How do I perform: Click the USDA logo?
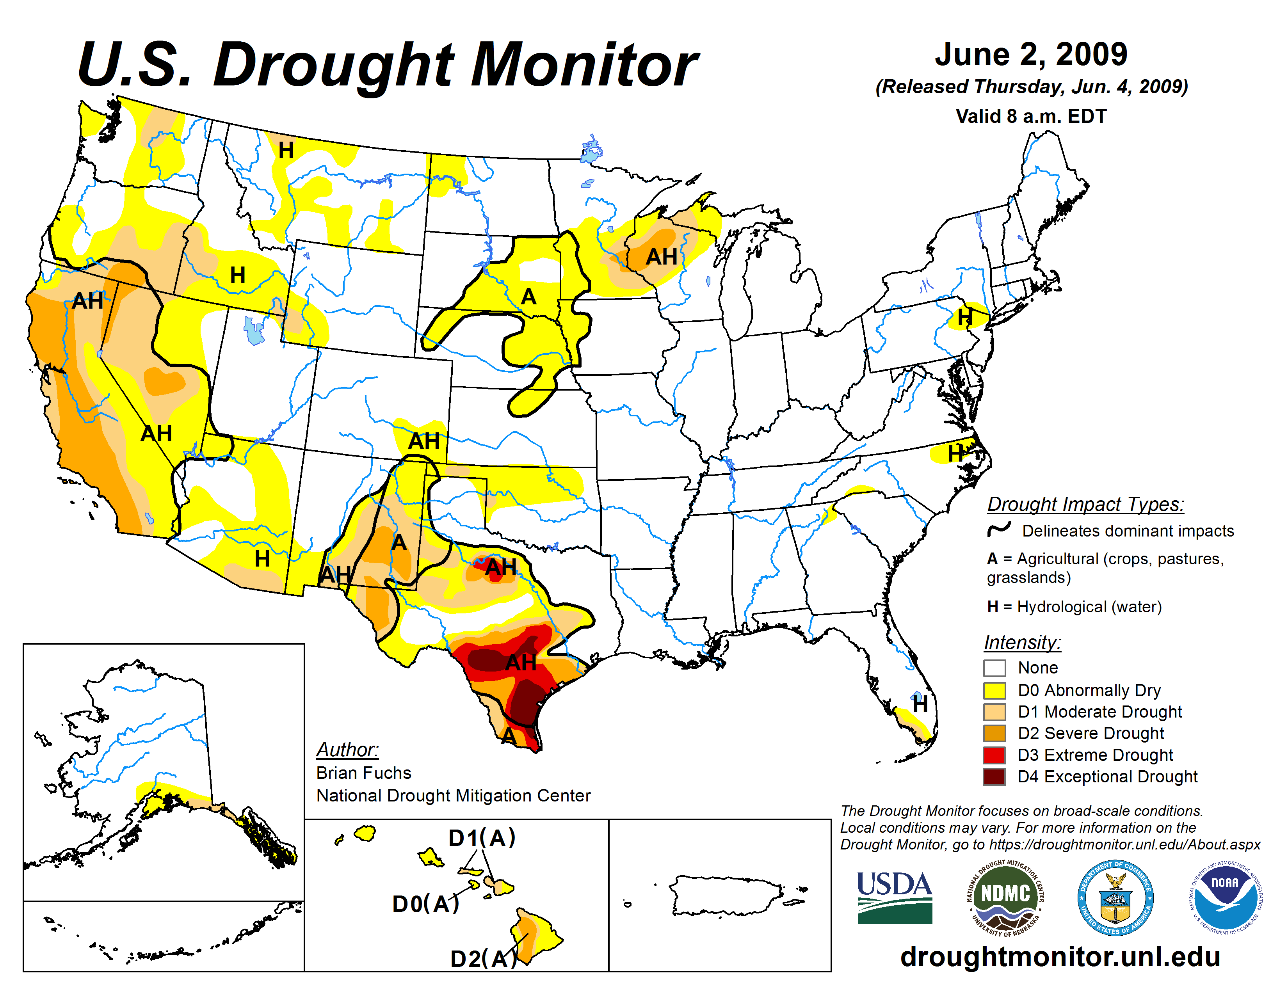coord(894,897)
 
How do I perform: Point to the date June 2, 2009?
coord(1031,54)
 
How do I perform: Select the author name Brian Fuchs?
coord(363,773)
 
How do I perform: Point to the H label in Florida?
coord(920,704)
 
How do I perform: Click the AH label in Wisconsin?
coord(661,257)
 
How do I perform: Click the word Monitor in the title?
coord(584,66)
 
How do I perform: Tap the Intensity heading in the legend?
coord(1022,642)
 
